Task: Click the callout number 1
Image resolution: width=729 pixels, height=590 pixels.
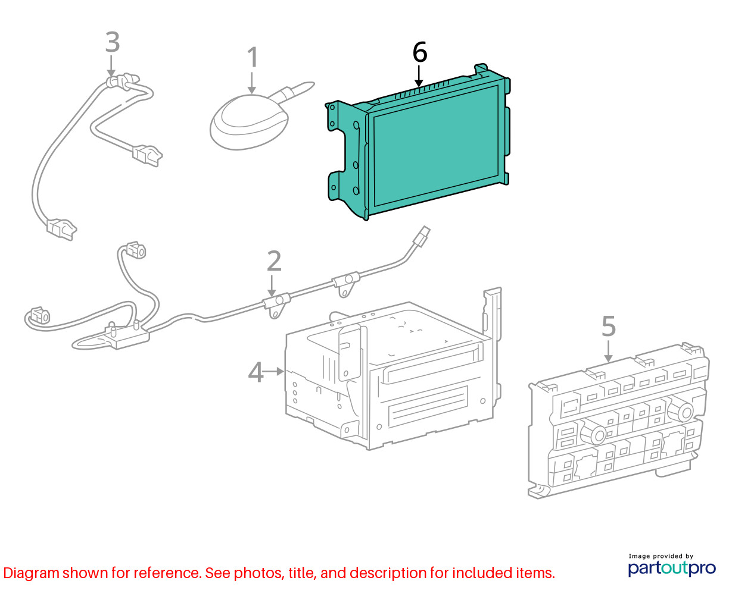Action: (253, 57)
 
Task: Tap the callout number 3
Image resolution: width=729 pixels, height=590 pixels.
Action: (112, 42)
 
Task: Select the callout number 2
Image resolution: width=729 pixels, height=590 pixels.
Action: (274, 261)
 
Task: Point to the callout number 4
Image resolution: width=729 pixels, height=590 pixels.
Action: (256, 372)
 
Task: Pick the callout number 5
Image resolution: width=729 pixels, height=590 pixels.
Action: (609, 326)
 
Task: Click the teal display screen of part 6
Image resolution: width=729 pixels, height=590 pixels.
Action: (436, 146)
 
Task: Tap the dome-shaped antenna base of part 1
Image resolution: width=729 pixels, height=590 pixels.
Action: (249, 123)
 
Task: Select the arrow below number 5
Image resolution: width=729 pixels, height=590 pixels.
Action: (608, 352)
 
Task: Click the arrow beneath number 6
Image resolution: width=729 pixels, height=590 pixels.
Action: (419, 76)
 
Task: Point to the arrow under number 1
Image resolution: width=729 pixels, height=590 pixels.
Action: (252, 83)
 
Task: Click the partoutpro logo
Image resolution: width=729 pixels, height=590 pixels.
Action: (672, 568)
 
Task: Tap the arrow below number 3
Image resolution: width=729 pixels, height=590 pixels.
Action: (111, 66)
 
